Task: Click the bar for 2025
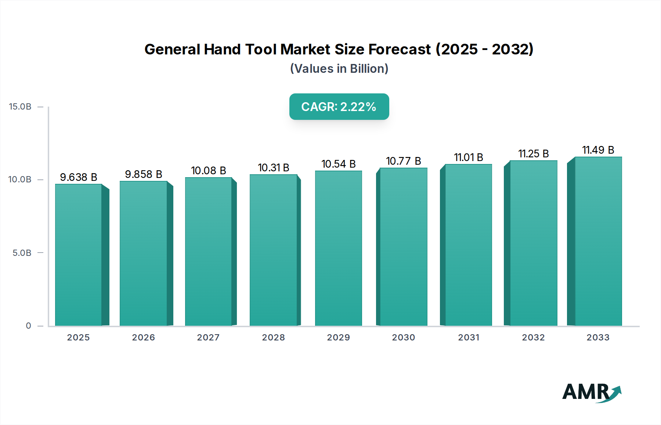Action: click(x=79, y=255)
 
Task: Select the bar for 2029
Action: click(x=338, y=248)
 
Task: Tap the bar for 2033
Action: click(x=598, y=241)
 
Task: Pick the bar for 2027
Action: click(x=208, y=251)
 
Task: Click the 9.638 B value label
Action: click(x=79, y=177)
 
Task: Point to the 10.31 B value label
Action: click(x=274, y=168)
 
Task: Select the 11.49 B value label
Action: click(x=598, y=150)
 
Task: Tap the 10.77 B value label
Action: click(x=403, y=161)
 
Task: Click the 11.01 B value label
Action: click(x=469, y=157)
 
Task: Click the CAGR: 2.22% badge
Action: click(x=339, y=107)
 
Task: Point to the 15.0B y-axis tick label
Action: click(x=20, y=107)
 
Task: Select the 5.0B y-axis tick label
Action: click(x=22, y=253)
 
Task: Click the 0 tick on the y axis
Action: click(x=29, y=326)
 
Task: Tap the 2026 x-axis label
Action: click(x=144, y=337)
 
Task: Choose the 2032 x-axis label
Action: click(x=533, y=337)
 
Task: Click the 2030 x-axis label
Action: click(x=403, y=337)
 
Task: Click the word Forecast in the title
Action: click(x=400, y=49)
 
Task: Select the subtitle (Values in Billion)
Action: click(x=339, y=69)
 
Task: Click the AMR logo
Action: click(x=591, y=392)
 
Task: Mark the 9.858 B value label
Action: click(x=144, y=174)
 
